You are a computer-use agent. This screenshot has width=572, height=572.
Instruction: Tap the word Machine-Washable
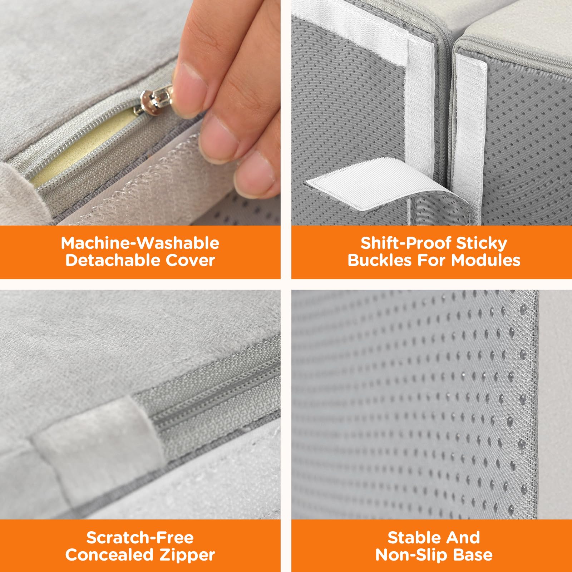(x=140, y=243)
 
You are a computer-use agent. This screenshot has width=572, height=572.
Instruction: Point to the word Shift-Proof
(x=406, y=243)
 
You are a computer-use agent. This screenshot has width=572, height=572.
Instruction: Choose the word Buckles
(x=380, y=260)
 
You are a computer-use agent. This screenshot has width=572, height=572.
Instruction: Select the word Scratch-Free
(x=140, y=538)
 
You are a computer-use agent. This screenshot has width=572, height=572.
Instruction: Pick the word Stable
(x=411, y=538)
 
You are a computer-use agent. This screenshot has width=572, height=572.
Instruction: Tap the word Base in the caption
(x=473, y=555)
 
